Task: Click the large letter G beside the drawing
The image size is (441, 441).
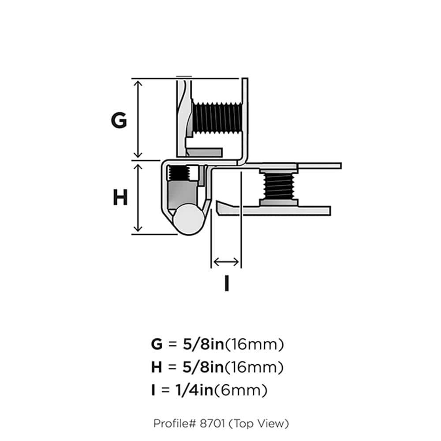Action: pos(119,120)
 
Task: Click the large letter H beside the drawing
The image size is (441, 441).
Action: pos(120,198)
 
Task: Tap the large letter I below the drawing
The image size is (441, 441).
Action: pos(226,283)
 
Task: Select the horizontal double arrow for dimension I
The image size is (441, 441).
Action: pos(226,262)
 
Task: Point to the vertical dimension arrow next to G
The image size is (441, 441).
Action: pos(138,119)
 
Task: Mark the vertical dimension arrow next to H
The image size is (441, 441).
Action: pos(138,197)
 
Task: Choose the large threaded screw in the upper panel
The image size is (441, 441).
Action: pos(216,118)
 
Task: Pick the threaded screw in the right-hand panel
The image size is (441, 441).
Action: pos(278,185)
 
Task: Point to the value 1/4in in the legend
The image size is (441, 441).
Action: pos(195,390)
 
